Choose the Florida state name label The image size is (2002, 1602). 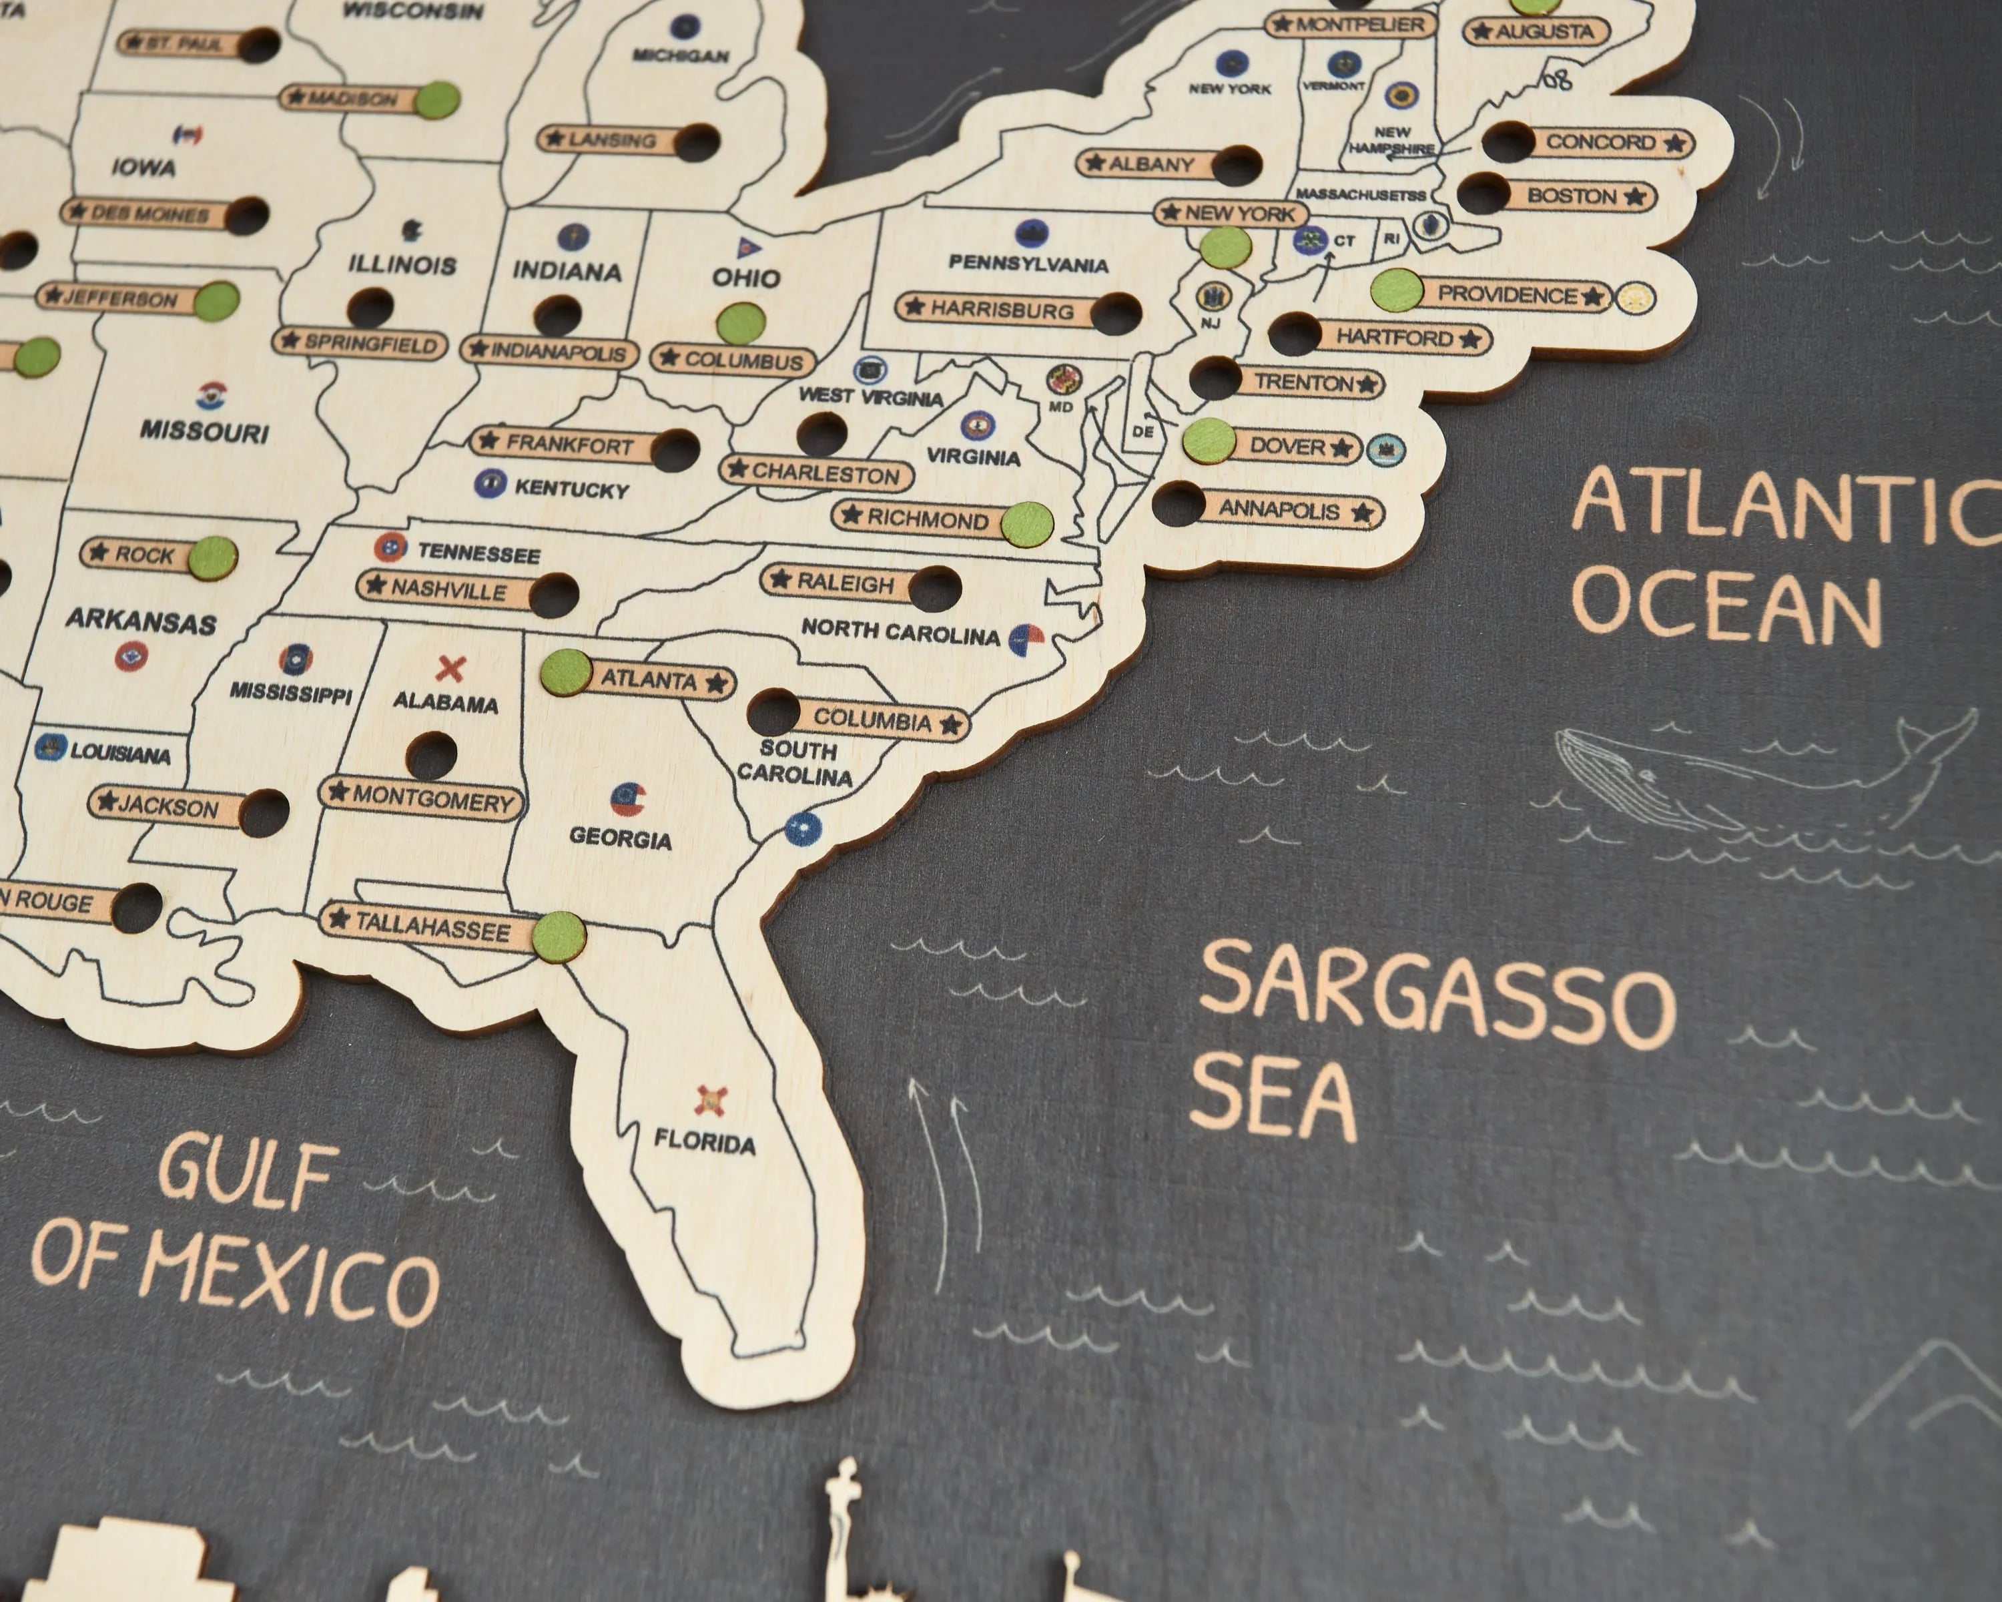click(x=704, y=1141)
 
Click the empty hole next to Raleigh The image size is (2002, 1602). click(x=934, y=589)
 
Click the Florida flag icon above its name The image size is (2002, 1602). click(x=711, y=1101)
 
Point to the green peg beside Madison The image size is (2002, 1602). click(x=437, y=100)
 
